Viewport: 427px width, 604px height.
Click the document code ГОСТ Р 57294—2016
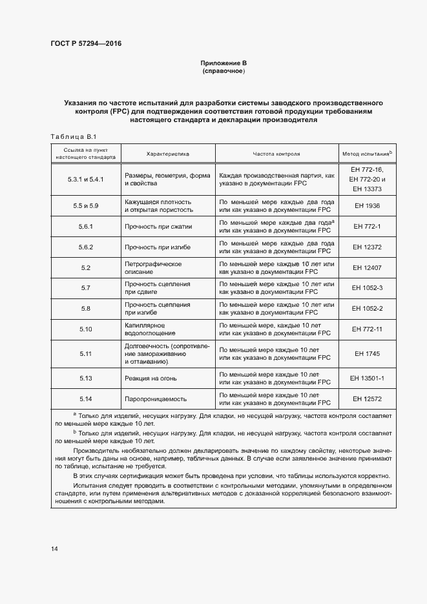tap(86, 44)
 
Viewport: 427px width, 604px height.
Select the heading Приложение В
tap(224, 63)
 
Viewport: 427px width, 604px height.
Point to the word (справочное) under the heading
tap(224, 71)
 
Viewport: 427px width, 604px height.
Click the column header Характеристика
tap(167, 154)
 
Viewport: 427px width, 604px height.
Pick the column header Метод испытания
tap(366, 154)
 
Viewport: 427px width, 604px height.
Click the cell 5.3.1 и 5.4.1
tap(86, 179)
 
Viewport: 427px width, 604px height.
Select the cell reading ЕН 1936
tap(366, 205)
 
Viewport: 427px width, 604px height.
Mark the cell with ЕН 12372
tap(366, 247)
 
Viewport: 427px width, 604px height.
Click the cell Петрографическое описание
tap(152, 267)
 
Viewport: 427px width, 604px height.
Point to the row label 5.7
tap(86, 287)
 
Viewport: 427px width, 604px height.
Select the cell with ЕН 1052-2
tap(366, 308)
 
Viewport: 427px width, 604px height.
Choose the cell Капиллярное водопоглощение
tap(151, 329)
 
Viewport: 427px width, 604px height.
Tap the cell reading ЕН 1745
tap(366, 353)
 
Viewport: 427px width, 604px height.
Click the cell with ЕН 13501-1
tap(366, 378)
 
